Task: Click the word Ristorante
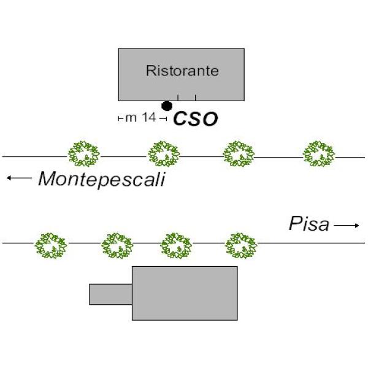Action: tap(182, 71)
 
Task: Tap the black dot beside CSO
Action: tap(167, 106)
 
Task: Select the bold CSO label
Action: tap(195, 119)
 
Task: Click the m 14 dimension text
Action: tap(140, 118)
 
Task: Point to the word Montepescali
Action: tap(102, 179)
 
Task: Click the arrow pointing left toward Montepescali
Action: tap(19, 178)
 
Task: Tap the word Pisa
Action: tap(309, 224)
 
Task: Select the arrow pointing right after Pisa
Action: tap(347, 226)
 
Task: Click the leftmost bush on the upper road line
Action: tap(83, 154)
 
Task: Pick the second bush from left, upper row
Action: tap(164, 154)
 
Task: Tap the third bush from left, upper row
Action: tap(238, 154)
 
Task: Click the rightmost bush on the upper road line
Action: tap(319, 154)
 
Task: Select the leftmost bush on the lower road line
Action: tap(51, 245)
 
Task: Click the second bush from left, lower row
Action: tap(117, 245)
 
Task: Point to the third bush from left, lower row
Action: tap(177, 245)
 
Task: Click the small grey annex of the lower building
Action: tap(110, 294)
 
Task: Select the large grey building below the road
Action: tap(185, 293)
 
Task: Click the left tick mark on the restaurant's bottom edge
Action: tap(178, 98)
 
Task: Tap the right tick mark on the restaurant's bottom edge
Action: tap(196, 98)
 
